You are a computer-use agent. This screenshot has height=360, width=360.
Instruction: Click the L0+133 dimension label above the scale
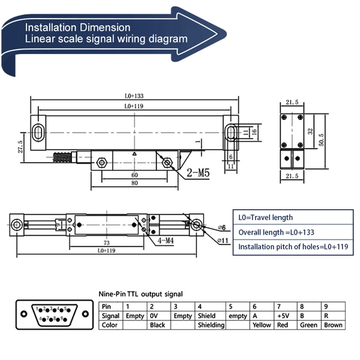[134, 96]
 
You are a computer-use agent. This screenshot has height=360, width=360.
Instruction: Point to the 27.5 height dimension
[21, 147]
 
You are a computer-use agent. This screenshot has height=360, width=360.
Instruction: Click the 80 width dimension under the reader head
[133, 183]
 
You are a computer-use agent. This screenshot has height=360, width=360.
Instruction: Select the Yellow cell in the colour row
[263, 325]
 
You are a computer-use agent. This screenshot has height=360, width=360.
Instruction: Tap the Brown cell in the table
[333, 325]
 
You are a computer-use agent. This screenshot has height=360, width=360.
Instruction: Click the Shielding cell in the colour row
[211, 325]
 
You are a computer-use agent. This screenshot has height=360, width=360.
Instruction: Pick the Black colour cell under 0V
[157, 325]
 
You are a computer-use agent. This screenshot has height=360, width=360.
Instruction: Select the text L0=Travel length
[266, 218]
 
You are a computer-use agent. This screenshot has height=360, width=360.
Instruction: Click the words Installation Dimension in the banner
[78, 27]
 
